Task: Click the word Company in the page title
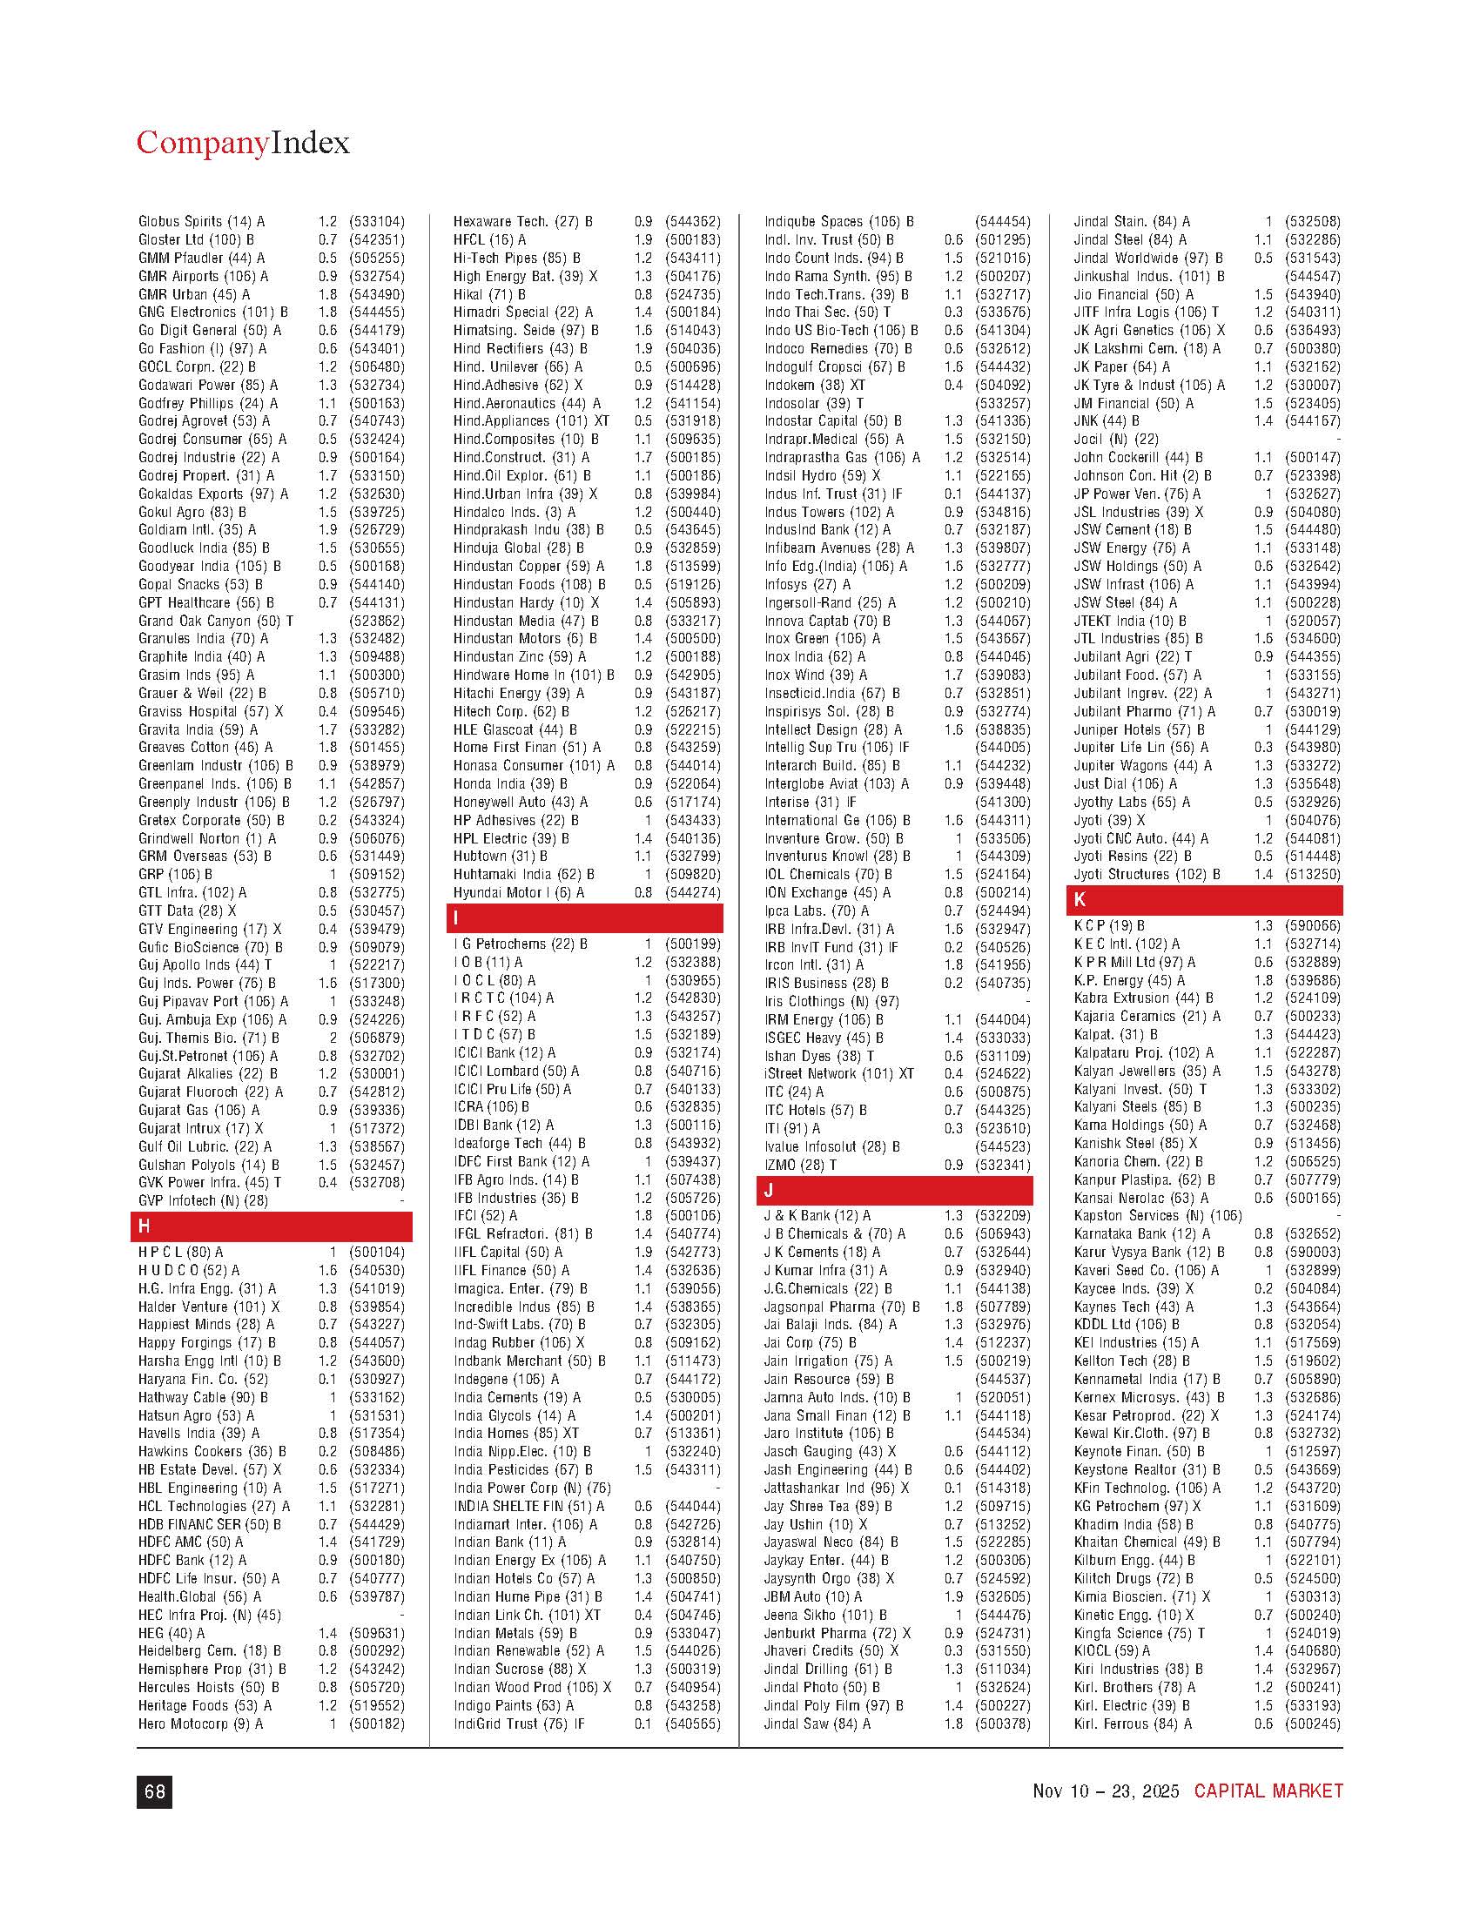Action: [x=202, y=143]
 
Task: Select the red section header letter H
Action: [x=145, y=1226]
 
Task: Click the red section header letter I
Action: [x=457, y=918]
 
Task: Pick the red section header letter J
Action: [x=768, y=1190]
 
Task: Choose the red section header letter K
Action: [x=1080, y=900]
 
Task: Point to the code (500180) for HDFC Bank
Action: [x=376, y=1561]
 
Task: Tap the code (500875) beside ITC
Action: [x=1002, y=1092]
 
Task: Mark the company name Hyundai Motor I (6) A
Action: [x=518, y=892]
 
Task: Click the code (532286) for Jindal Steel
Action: [x=1312, y=239]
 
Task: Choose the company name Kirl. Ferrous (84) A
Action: [x=1133, y=1723]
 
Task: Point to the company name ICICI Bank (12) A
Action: [x=504, y=1052]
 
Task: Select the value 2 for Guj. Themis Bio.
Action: [x=333, y=1038]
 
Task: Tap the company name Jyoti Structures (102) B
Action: [x=1147, y=874]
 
